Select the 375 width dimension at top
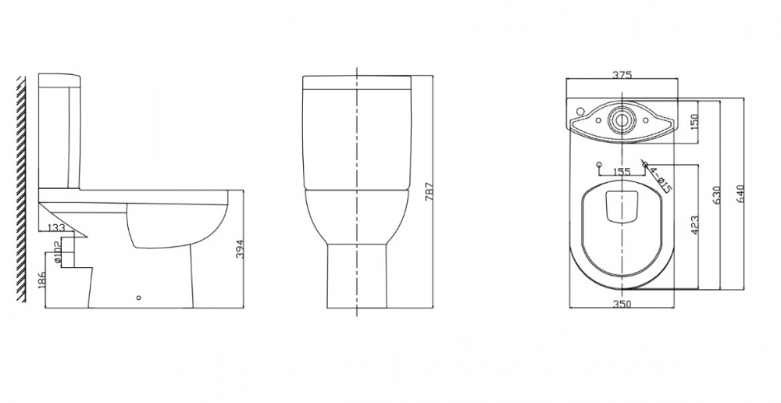click(x=622, y=76)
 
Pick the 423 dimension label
click(x=694, y=225)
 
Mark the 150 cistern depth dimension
click(x=694, y=122)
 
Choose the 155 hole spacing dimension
click(x=622, y=172)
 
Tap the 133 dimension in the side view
click(x=56, y=227)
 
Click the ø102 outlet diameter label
click(x=57, y=251)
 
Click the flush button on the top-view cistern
click(x=622, y=120)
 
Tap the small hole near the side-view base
click(x=139, y=298)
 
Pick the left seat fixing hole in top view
click(x=598, y=165)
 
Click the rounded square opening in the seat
click(x=622, y=207)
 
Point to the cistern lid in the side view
click(x=59, y=80)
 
